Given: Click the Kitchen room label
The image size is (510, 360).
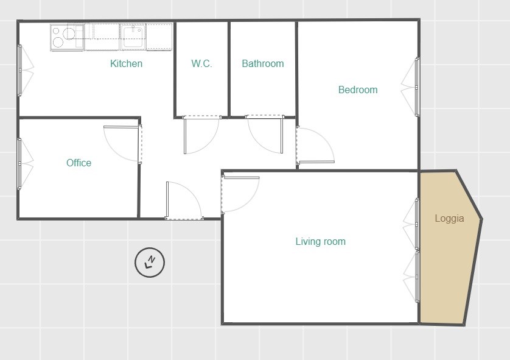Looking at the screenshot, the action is [x=126, y=63].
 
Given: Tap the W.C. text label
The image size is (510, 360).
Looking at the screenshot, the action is [x=201, y=63].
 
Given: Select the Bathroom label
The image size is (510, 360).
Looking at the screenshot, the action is [x=263, y=63].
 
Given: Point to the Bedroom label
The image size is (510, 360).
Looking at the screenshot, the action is [x=358, y=90].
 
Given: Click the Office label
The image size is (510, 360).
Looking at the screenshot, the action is [x=79, y=163].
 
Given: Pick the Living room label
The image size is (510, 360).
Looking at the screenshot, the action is [x=320, y=241].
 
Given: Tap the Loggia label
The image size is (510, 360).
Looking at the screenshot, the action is [x=449, y=218].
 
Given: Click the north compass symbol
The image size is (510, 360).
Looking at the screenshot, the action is [x=150, y=263].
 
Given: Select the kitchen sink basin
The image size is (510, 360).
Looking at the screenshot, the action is [x=133, y=37].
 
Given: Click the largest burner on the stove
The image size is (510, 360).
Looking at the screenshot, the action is [x=69, y=34].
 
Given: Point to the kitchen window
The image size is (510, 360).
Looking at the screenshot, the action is [x=20, y=70].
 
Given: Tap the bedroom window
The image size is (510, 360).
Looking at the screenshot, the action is [x=417, y=87].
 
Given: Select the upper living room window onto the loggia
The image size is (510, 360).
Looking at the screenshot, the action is [x=417, y=224].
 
